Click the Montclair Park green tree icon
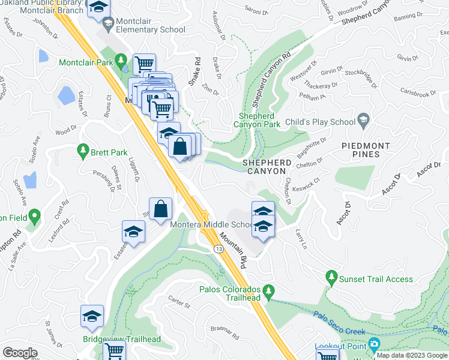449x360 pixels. (x=121, y=60)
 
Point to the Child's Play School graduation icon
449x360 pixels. (x=363, y=120)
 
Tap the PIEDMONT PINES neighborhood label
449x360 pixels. (x=366, y=150)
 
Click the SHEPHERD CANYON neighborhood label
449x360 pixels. (x=267, y=167)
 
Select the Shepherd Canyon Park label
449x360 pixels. (x=260, y=120)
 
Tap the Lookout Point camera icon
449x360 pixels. (x=375, y=345)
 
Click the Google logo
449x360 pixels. (x=20, y=353)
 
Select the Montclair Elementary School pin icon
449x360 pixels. (x=108, y=25)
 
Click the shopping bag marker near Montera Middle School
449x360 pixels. (x=161, y=210)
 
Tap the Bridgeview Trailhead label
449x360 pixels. (x=122, y=340)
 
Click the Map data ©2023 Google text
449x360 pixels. (x=412, y=355)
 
